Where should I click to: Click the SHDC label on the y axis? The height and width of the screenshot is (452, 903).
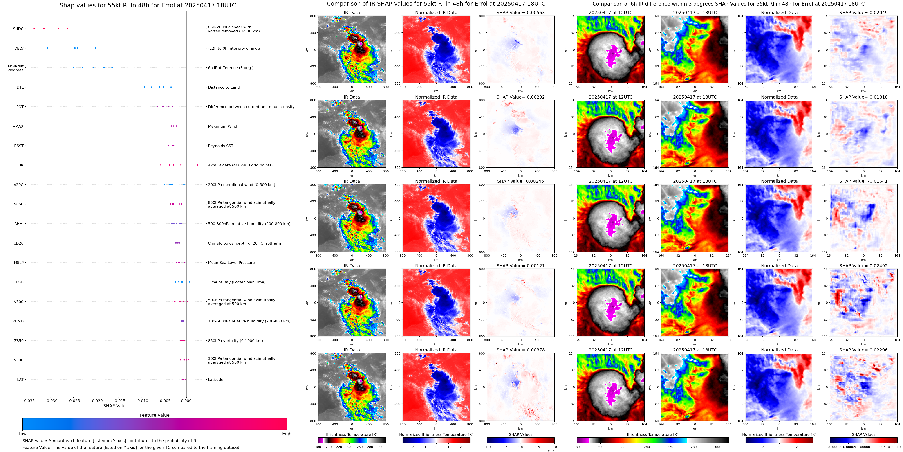[18, 29]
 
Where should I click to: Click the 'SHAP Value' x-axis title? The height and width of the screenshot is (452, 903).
[116, 406]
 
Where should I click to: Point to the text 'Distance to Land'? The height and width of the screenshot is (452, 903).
[224, 87]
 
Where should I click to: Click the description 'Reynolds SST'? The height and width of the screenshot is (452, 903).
[220, 146]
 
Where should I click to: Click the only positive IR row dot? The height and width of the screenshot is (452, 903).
[197, 165]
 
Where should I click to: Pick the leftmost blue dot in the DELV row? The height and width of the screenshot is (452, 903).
[47, 48]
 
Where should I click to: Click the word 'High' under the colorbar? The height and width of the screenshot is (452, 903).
[286, 434]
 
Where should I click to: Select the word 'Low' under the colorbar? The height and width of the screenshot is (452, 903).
[22, 434]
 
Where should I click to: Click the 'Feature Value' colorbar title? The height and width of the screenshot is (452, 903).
[154, 415]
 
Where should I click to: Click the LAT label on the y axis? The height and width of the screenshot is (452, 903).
[20, 379]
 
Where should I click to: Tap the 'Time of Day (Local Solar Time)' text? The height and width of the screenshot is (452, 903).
[237, 282]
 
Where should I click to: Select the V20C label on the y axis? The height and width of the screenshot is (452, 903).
[19, 185]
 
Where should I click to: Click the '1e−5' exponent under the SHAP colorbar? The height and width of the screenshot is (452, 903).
[550, 451]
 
